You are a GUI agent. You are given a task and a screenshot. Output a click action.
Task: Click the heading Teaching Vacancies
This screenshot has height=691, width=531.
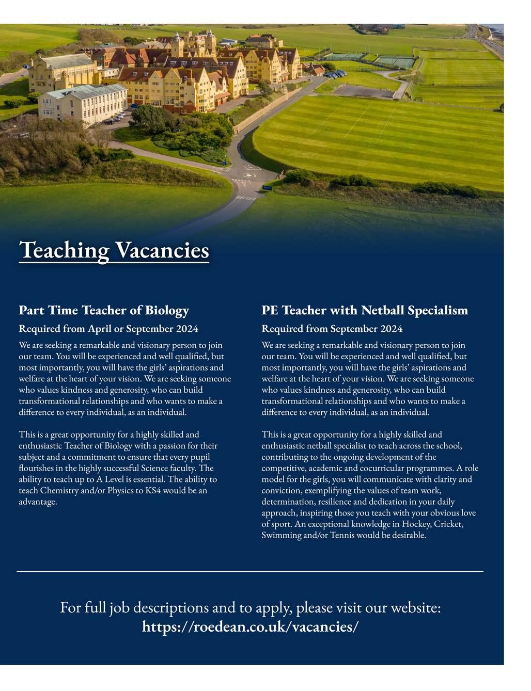coord(114,250)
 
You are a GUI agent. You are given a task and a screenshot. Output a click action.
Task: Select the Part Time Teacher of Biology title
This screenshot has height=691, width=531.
coord(104,310)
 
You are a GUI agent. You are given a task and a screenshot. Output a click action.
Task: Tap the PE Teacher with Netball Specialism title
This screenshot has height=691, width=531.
coord(365,310)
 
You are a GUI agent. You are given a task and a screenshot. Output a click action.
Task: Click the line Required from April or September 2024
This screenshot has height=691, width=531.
coord(108,329)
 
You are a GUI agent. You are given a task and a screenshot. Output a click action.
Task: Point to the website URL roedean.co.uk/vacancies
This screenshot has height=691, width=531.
coord(251,626)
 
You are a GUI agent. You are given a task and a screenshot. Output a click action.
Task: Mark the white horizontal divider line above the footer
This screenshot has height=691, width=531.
coord(250,571)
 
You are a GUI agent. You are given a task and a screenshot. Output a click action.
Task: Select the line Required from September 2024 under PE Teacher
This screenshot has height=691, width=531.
coord(332,329)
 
